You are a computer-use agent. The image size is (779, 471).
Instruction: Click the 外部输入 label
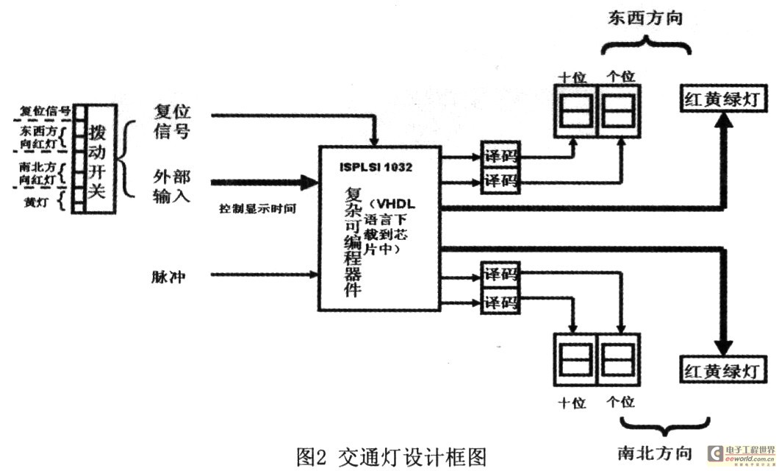click(171, 186)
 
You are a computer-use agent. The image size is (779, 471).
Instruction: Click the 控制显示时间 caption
click(257, 208)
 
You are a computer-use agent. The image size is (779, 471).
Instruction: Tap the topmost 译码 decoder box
click(499, 156)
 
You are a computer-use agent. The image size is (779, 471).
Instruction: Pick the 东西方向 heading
click(645, 18)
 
